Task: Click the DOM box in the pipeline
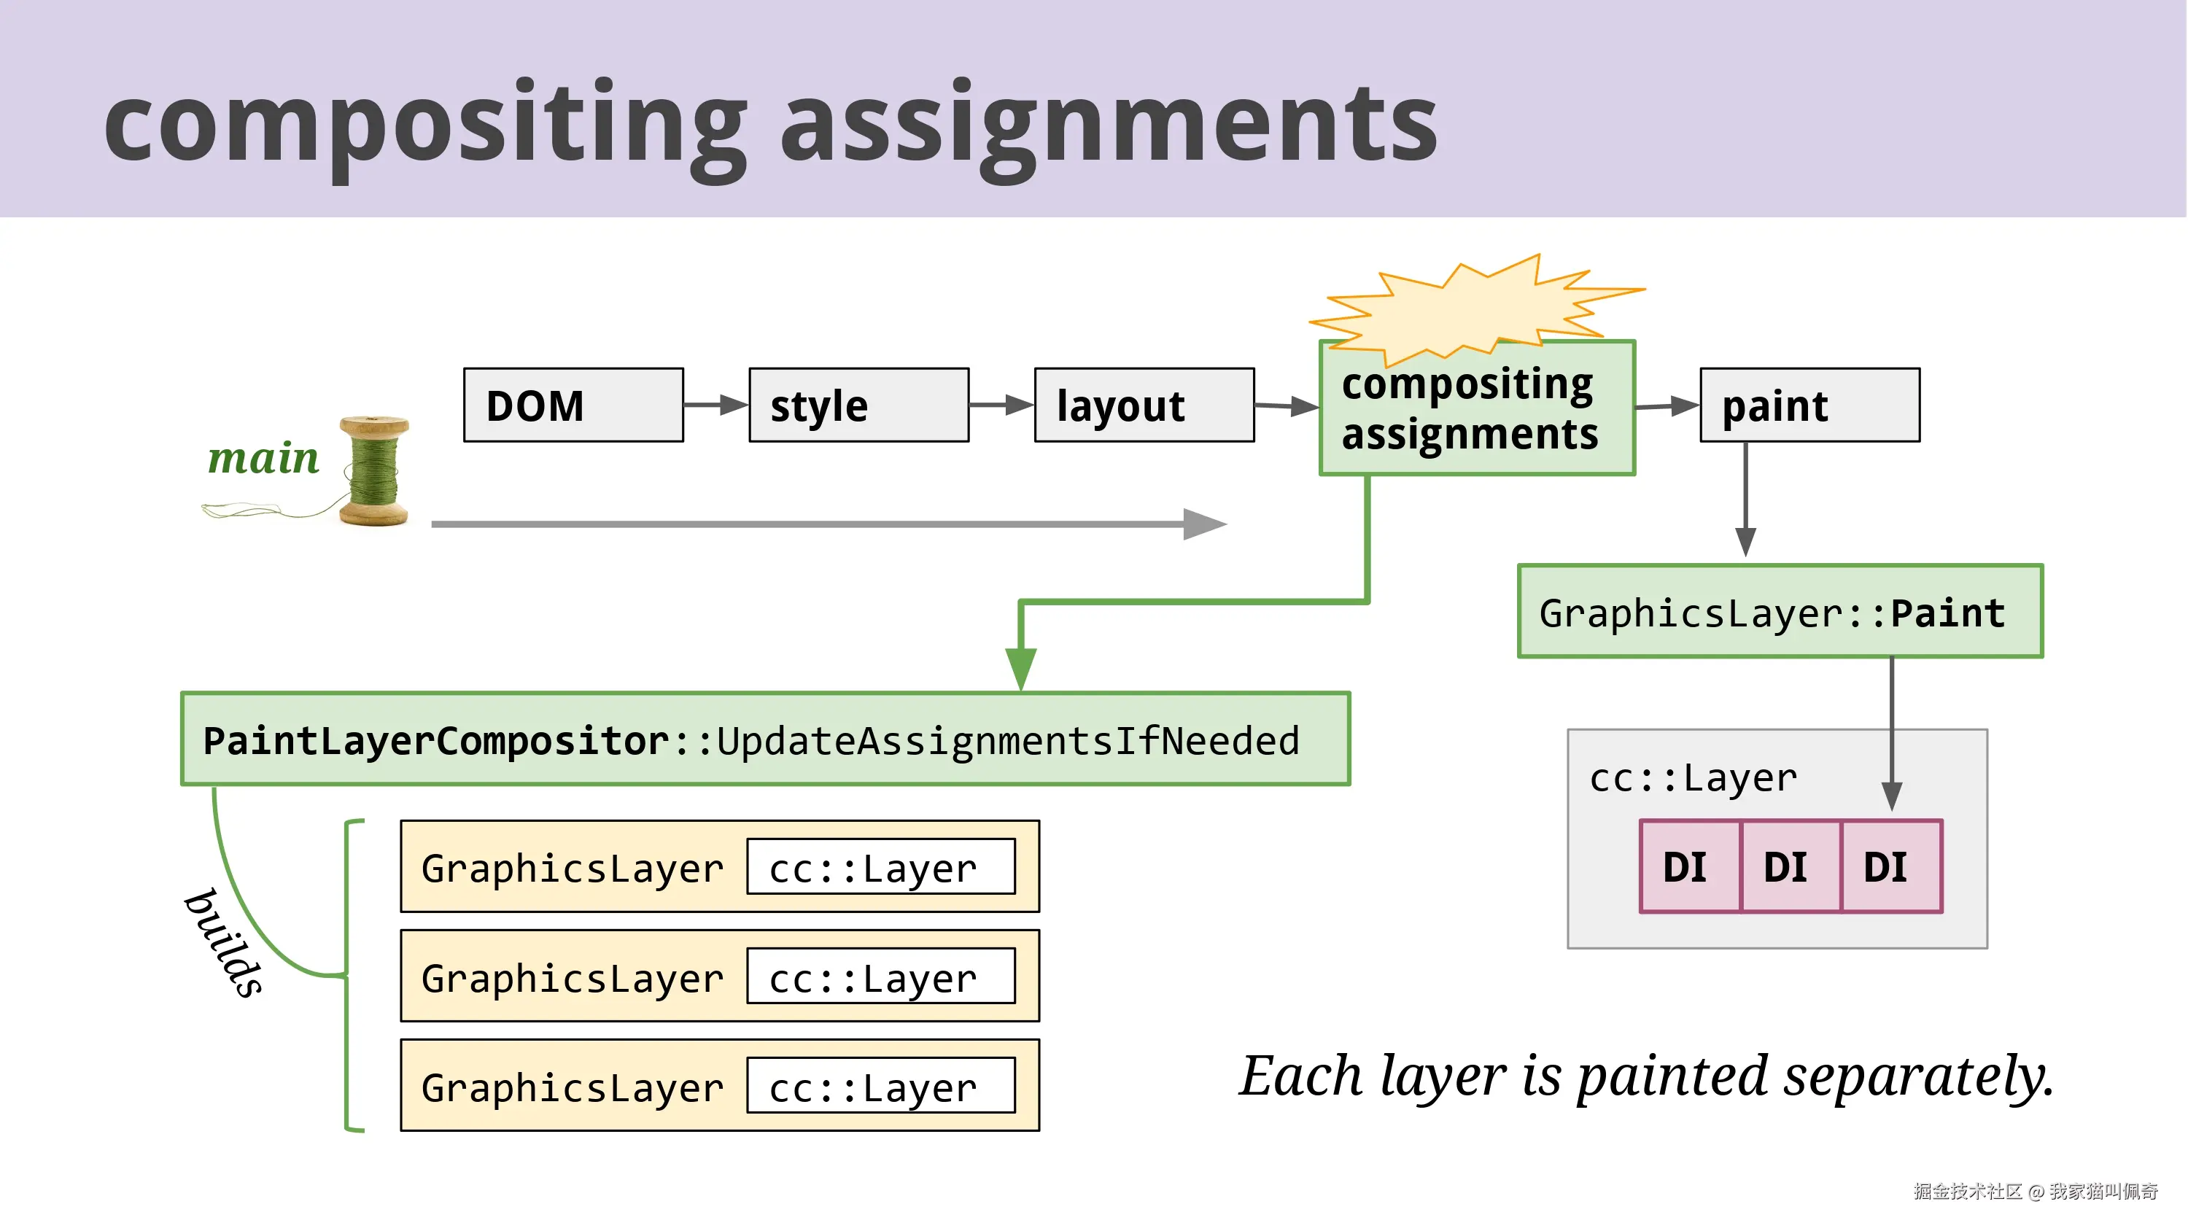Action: pyautogui.click(x=573, y=405)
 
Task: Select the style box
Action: pyautogui.click(x=858, y=405)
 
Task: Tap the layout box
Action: pyautogui.click(x=1144, y=405)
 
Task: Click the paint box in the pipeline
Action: pyautogui.click(x=1810, y=405)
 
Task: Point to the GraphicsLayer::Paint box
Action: pyautogui.click(x=1780, y=611)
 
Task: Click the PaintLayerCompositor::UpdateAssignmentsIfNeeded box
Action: pyautogui.click(x=765, y=739)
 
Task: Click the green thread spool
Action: pyautogui.click(x=373, y=472)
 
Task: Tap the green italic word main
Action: pyautogui.click(x=263, y=458)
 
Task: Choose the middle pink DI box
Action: pyautogui.click(x=1791, y=866)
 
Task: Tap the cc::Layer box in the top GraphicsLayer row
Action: pyautogui.click(x=881, y=866)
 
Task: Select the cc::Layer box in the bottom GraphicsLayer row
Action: pyautogui.click(x=881, y=1086)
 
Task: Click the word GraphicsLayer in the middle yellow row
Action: pyautogui.click(x=573, y=978)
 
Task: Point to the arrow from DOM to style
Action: pyautogui.click(x=716, y=405)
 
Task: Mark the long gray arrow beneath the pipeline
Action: pyautogui.click(x=829, y=524)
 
